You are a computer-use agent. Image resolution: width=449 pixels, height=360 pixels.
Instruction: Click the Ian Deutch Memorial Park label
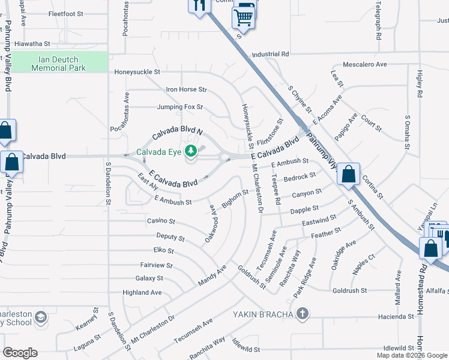click(x=59, y=64)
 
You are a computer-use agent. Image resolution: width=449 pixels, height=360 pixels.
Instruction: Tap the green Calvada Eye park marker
click(x=191, y=151)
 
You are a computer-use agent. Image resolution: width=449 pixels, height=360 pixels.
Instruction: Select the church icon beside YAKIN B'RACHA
click(x=303, y=314)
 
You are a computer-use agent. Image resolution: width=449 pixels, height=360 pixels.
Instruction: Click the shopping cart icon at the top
click(x=243, y=17)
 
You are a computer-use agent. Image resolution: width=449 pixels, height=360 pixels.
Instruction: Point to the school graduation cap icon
click(x=40, y=317)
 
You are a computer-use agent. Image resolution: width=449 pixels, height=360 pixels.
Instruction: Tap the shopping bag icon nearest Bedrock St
click(x=349, y=175)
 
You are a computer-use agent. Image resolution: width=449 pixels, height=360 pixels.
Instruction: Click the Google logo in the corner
click(x=20, y=353)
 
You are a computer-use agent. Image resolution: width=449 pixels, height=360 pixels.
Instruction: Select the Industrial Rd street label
click(x=271, y=54)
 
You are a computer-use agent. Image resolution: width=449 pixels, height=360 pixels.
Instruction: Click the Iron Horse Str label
click(x=186, y=90)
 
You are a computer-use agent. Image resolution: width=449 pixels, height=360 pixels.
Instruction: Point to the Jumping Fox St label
click(x=180, y=107)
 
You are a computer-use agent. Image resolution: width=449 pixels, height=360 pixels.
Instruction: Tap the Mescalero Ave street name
click(x=364, y=64)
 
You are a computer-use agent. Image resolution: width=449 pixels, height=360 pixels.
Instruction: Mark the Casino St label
click(x=161, y=221)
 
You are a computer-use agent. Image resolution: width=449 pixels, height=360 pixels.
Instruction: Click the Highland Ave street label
click(x=142, y=293)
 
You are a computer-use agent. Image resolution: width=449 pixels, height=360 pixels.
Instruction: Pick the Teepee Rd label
click(x=276, y=191)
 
